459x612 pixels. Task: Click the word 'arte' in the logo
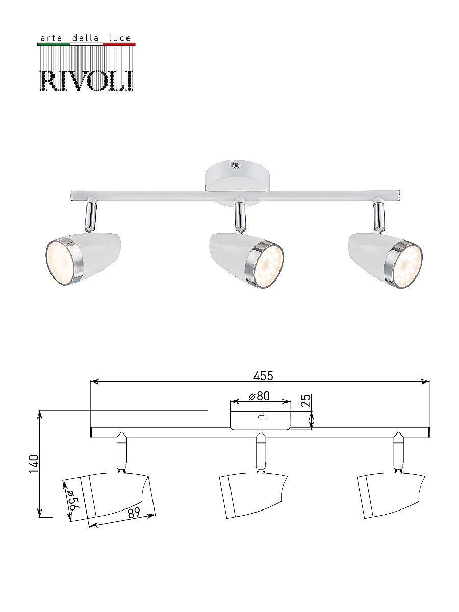[50, 38]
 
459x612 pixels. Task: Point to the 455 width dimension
[264, 376]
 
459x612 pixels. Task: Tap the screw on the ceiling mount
[235, 164]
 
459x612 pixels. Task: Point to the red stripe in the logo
[119, 44]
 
